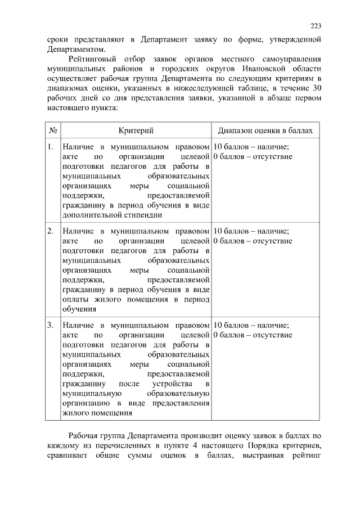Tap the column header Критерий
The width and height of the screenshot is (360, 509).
tap(136, 130)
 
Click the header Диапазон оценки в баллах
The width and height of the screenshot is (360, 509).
tap(264, 130)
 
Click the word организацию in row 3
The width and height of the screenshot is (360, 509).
tap(86, 403)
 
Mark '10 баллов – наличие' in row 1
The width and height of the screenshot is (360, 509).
tap(251, 147)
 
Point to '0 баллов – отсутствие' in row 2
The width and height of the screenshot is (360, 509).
tap(253, 241)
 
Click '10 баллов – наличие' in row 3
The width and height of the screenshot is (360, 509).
tap(251, 325)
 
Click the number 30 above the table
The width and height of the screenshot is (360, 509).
tap(316, 88)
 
